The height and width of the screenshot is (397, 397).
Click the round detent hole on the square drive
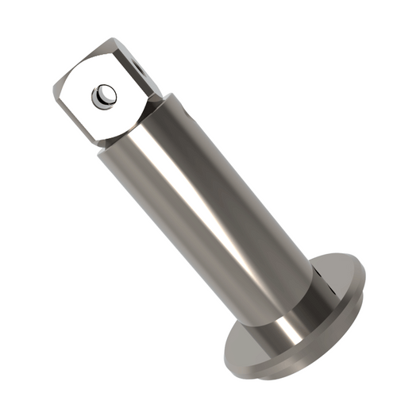(x=104, y=97)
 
